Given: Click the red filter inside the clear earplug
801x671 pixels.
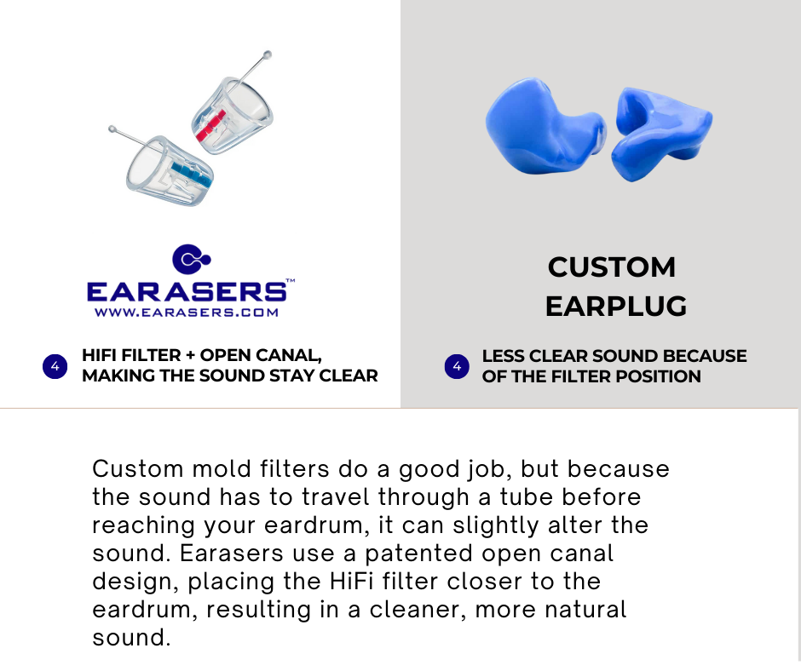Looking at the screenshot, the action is (x=211, y=125).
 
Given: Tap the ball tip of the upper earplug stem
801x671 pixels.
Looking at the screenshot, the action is (x=267, y=54).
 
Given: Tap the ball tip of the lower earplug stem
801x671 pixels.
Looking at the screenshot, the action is (x=112, y=129).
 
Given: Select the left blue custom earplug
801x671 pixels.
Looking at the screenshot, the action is (x=545, y=127).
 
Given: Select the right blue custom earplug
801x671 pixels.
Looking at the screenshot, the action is (x=661, y=134).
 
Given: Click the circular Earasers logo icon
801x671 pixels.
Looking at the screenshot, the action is (x=191, y=259).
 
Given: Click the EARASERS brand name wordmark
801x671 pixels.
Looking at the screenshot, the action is (x=187, y=291).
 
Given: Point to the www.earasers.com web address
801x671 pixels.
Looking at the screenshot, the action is (x=187, y=313).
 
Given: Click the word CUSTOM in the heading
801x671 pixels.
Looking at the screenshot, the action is (x=612, y=267).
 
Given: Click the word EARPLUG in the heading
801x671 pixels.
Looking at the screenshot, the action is (x=615, y=306).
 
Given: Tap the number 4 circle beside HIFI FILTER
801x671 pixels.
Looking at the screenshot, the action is (x=55, y=366).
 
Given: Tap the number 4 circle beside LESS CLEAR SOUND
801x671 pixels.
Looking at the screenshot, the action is (x=457, y=366).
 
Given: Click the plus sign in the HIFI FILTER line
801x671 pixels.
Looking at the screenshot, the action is (x=191, y=355).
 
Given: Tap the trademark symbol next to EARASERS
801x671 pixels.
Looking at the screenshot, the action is (x=291, y=280).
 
